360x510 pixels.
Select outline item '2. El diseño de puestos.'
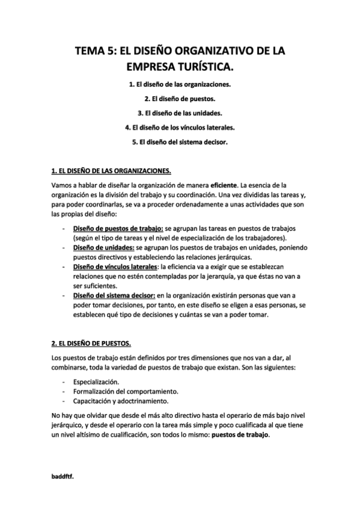point(180,99)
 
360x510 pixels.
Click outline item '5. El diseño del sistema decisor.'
point(180,143)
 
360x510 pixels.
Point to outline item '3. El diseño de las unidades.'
point(180,113)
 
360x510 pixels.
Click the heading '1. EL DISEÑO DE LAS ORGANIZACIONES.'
point(111,170)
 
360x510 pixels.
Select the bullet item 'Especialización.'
point(96,382)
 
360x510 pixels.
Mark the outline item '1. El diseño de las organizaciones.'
point(180,84)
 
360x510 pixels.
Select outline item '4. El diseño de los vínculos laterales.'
point(180,128)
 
